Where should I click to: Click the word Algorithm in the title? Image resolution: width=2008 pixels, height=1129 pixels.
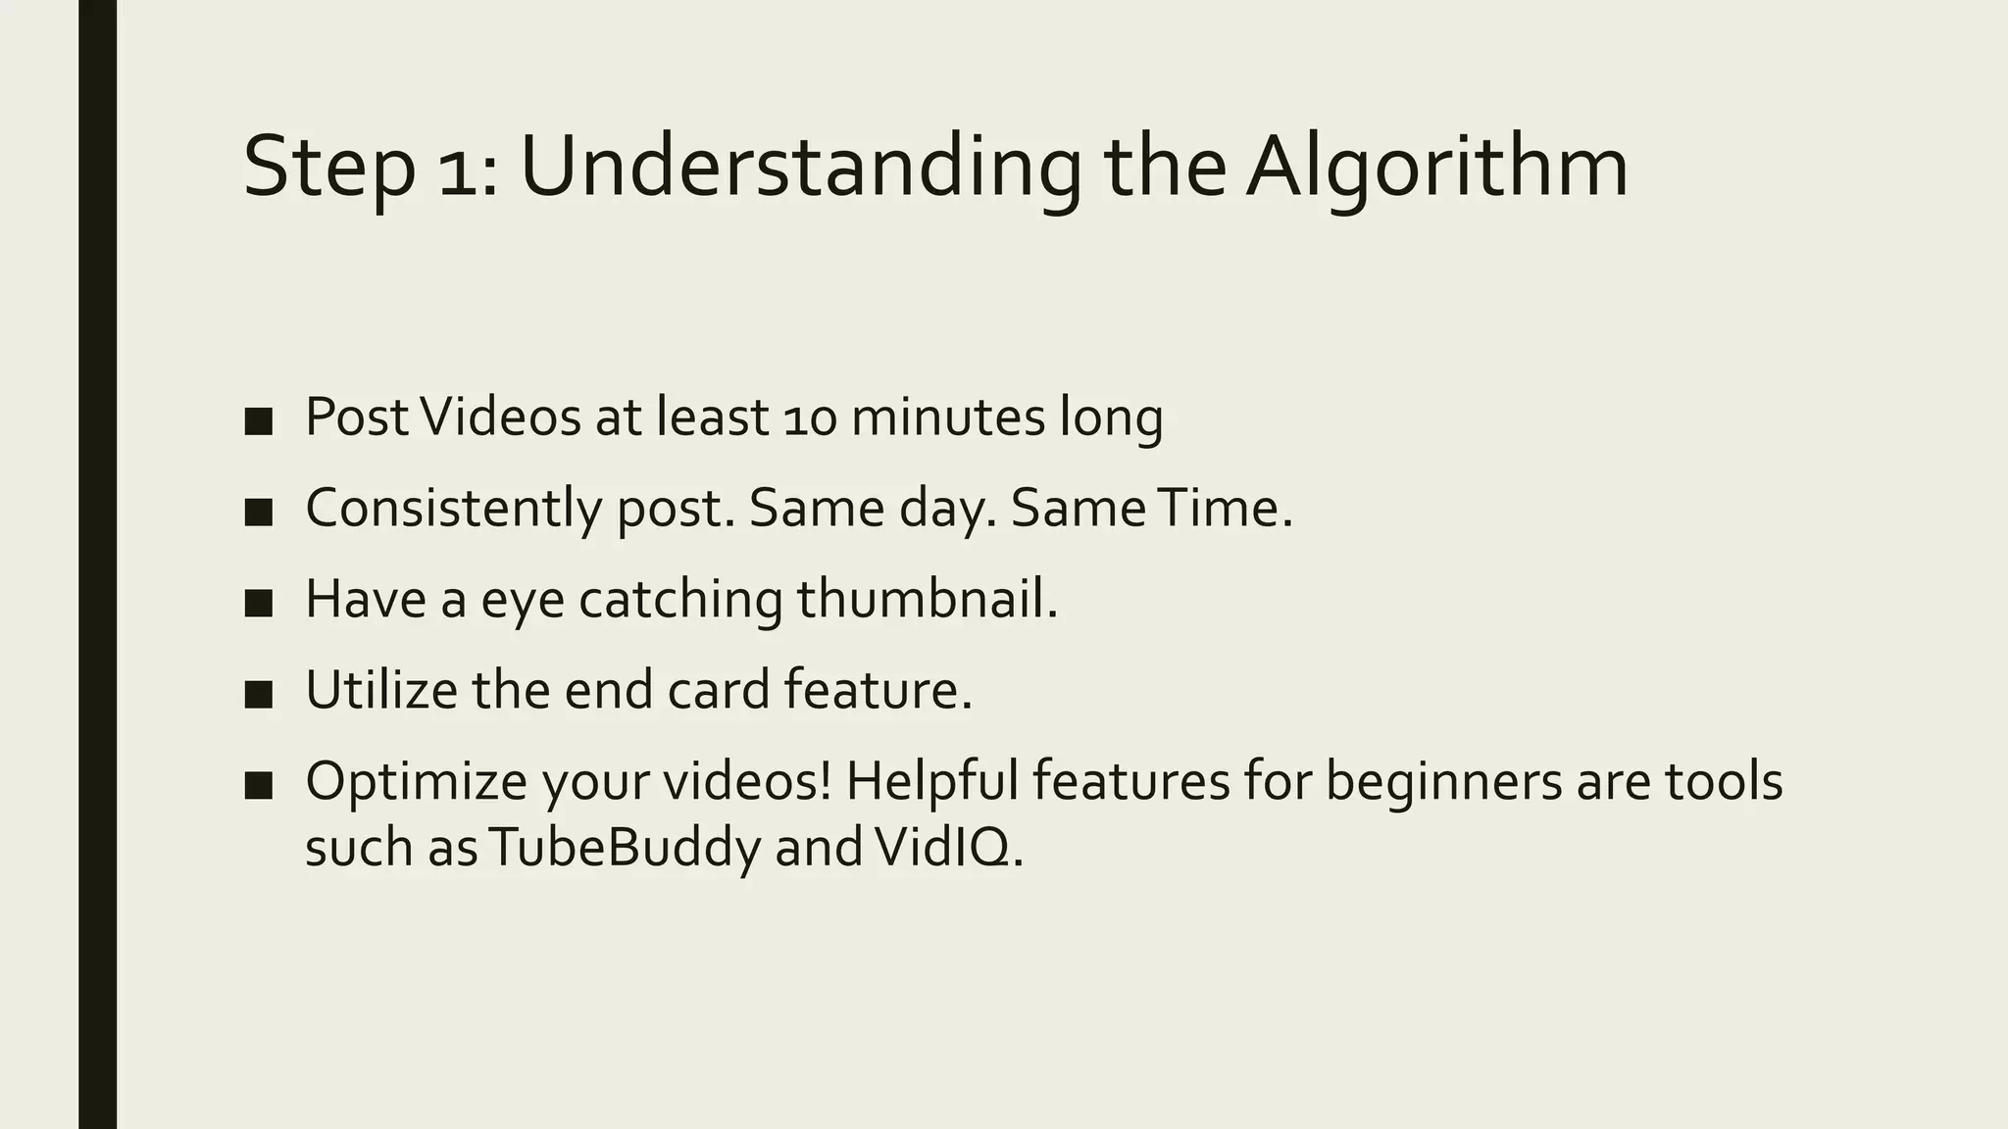click(x=1436, y=167)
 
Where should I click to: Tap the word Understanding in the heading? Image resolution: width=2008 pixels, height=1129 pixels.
click(x=800, y=167)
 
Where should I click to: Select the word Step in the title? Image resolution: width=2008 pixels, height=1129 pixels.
click(x=328, y=167)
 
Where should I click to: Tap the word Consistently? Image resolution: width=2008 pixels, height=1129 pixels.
click(x=452, y=509)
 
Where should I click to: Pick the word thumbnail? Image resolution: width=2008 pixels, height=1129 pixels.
click(x=927, y=599)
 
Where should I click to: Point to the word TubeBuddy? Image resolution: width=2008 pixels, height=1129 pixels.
click(x=624, y=847)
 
